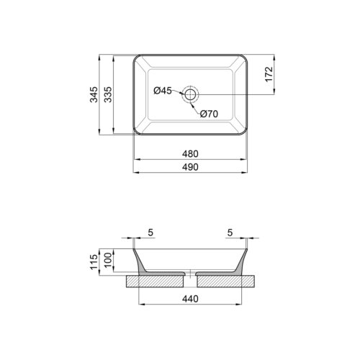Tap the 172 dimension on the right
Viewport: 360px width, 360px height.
coord(269,75)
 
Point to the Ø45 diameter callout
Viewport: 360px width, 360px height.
coord(163,91)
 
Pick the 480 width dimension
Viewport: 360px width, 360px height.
coord(190,154)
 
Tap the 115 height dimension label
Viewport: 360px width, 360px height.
coord(94,261)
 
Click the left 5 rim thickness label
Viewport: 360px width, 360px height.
coord(150,233)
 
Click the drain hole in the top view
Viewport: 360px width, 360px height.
coord(191,93)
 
